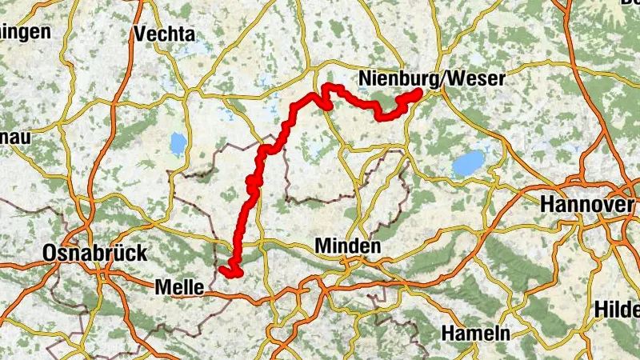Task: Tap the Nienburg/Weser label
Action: coord(432,78)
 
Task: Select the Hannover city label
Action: coord(587,204)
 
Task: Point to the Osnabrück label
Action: coord(95,254)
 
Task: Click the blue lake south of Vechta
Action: coord(177,144)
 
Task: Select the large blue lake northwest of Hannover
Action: coord(468,163)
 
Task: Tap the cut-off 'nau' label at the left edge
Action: coord(14,137)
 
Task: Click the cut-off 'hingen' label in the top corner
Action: coord(24,31)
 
